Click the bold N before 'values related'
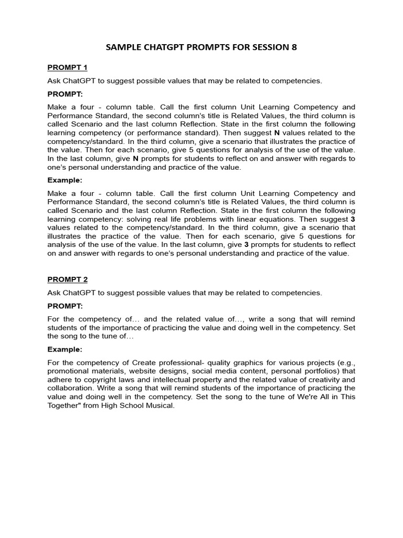[x=277, y=133]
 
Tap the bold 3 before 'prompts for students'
[x=246, y=244]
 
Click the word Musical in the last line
[x=161, y=405]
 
